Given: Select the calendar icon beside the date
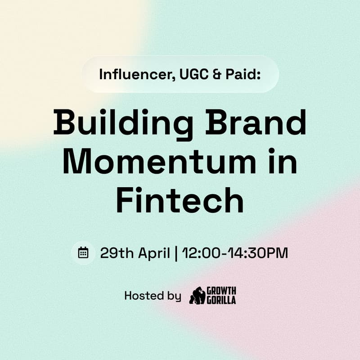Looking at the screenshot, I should click(x=83, y=252).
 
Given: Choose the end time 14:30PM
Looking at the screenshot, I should click(x=255, y=253).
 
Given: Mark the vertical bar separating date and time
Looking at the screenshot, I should click(x=176, y=253).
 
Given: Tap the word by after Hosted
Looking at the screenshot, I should click(x=172, y=297).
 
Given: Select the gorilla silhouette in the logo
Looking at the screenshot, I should click(x=197, y=296).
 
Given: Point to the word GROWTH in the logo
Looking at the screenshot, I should click(x=221, y=291).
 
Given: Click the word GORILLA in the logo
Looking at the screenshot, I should click(x=221, y=300).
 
